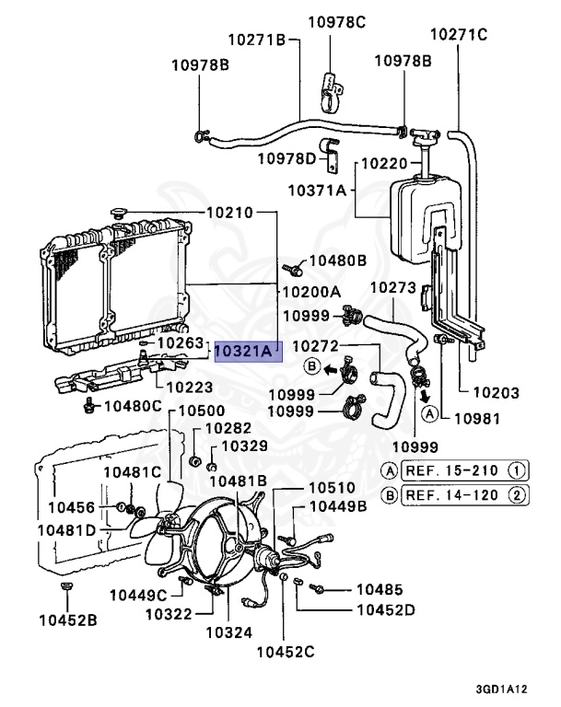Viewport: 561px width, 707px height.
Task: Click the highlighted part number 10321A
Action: (x=248, y=352)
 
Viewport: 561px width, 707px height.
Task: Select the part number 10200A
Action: (x=311, y=292)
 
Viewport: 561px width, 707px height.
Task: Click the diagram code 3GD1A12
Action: (x=501, y=689)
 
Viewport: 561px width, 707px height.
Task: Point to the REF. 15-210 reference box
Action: (x=464, y=470)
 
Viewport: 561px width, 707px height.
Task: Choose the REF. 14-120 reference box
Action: (x=464, y=495)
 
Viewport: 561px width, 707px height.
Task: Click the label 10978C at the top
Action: (x=336, y=22)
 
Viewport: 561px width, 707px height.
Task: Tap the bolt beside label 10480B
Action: (x=292, y=270)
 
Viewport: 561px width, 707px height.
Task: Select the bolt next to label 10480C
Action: (x=89, y=405)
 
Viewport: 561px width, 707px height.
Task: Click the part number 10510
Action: (x=332, y=488)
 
